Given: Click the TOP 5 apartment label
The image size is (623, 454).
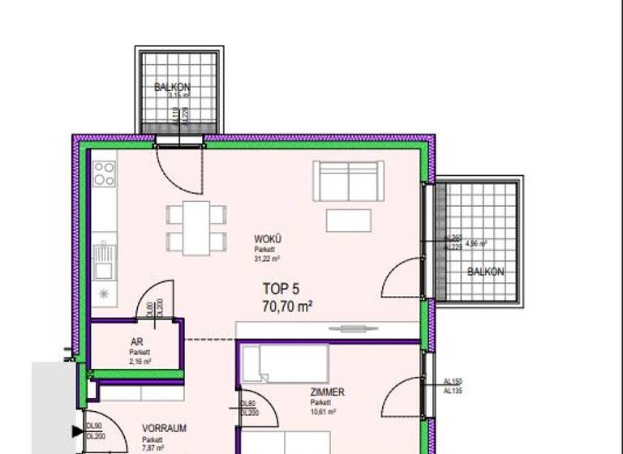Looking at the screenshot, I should coord(280,289).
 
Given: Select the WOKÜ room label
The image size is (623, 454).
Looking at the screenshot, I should coord(267,239).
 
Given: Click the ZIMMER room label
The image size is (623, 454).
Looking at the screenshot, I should coord(327,392).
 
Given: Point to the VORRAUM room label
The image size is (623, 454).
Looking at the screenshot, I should coord(165,428).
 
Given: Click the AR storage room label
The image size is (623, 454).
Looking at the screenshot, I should coord(136,341).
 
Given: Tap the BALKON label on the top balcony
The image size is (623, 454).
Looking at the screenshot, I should coord(172,87).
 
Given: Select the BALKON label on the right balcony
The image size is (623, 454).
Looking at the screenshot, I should coord(485,272).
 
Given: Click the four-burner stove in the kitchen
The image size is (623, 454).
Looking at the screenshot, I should coord(104,173).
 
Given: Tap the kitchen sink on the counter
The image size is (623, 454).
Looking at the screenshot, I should coord(103,262).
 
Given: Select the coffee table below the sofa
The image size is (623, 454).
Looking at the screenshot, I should coord(348,220).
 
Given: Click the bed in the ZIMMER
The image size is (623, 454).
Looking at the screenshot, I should coord(285,362).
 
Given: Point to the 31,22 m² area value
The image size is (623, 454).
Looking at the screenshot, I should coord(267,259).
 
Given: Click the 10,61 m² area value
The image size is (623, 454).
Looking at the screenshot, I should coord(323,412).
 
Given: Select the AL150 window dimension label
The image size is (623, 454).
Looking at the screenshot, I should coord(452,382).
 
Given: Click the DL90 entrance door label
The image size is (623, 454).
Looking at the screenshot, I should coord(94,426).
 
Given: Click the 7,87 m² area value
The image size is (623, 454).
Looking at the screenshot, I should coord(153,447).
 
